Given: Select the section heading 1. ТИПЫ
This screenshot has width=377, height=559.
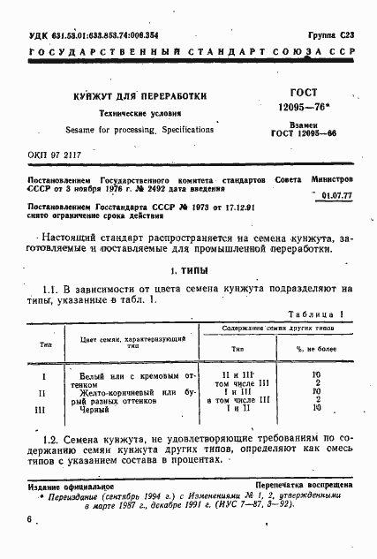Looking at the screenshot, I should tap(188, 270).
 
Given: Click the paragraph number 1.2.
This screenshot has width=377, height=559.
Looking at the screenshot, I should tap(52, 439).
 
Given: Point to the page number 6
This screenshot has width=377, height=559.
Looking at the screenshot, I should tap(30, 519).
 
